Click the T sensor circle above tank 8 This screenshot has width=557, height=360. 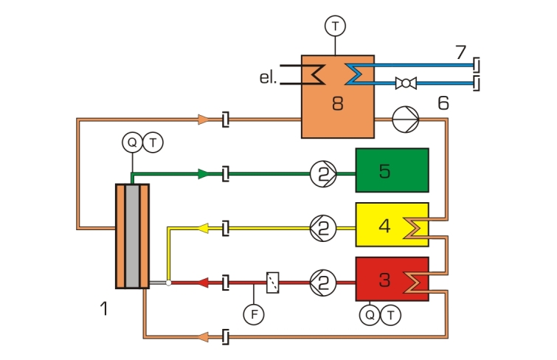[335, 26]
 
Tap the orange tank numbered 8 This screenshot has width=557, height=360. [338, 97]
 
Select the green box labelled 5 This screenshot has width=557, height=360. [392, 170]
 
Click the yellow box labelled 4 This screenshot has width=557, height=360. [392, 224]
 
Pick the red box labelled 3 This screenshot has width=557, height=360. [392, 280]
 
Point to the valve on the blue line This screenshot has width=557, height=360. [406, 83]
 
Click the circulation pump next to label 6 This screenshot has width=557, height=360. [406, 120]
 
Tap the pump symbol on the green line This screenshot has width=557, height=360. [323, 174]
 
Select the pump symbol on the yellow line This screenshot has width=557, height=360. [323, 229]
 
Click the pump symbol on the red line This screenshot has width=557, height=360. [323, 283]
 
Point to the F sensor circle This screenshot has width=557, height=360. [254, 314]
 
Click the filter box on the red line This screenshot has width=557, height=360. [273, 283]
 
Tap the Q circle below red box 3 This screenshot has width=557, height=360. [370, 315]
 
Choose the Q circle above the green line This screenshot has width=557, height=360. [132, 142]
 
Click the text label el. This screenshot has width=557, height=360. [268, 77]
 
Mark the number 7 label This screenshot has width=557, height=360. [461, 52]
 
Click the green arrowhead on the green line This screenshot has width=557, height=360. [204, 174]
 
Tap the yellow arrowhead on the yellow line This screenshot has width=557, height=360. [203, 228]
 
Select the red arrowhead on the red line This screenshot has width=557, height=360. [203, 283]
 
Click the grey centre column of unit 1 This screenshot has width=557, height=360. [133, 236]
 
